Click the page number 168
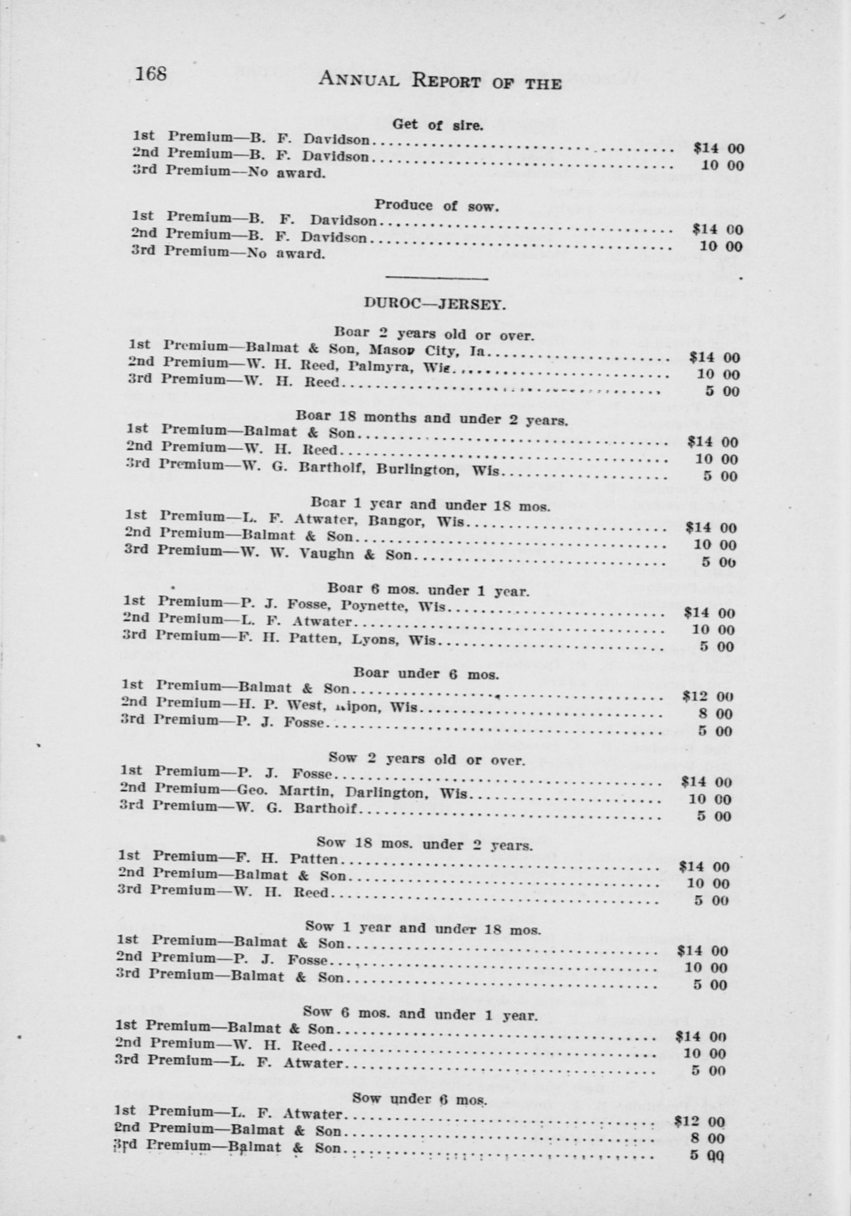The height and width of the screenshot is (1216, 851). point(151,74)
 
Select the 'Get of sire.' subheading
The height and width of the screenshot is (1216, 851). point(438,125)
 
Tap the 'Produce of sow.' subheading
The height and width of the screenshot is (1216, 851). point(437,206)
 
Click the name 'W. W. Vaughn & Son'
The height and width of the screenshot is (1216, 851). point(325,554)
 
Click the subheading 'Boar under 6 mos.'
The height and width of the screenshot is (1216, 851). point(426,674)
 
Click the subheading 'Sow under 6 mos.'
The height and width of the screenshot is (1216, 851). point(420,1099)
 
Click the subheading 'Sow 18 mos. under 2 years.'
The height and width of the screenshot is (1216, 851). point(424,842)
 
